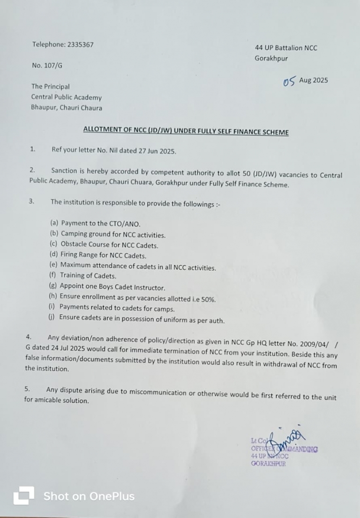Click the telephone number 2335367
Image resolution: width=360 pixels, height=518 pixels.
click(x=80, y=45)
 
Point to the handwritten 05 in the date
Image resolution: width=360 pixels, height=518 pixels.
click(x=289, y=82)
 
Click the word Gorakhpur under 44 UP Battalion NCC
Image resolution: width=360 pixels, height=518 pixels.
click(x=271, y=59)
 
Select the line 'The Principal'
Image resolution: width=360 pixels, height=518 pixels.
click(x=50, y=86)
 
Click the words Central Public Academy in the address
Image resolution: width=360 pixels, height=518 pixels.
click(x=66, y=98)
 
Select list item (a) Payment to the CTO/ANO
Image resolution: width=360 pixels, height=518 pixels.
click(x=95, y=223)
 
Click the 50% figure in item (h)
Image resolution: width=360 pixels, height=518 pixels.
click(x=208, y=299)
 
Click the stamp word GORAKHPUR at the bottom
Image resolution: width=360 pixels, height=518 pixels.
click(x=268, y=464)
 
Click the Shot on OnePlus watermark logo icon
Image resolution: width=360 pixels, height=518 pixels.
click(x=23, y=495)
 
